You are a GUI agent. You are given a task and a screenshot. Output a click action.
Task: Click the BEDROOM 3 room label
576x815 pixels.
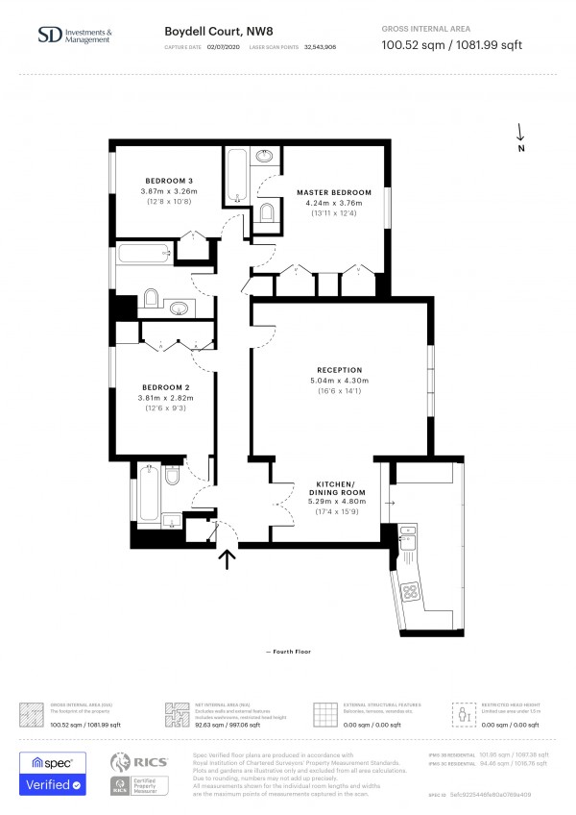pyautogui.click(x=169, y=182)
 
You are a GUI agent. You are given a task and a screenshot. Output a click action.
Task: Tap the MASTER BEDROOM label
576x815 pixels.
pyautogui.click(x=333, y=192)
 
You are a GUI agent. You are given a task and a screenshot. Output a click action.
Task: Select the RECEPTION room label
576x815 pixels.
pyautogui.click(x=339, y=370)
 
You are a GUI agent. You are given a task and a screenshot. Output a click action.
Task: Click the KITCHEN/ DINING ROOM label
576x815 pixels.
pyautogui.click(x=336, y=487)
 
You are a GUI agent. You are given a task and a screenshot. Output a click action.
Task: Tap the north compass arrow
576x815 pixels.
pyautogui.click(x=520, y=135)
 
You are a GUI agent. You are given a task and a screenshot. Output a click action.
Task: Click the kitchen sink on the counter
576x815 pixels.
pyautogui.click(x=410, y=540)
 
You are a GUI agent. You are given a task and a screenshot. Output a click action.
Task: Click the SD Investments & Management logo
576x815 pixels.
pyautogui.click(x=75, y=37)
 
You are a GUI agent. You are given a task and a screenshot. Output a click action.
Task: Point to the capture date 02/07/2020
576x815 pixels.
pyautogui.click(x=223, y=46)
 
